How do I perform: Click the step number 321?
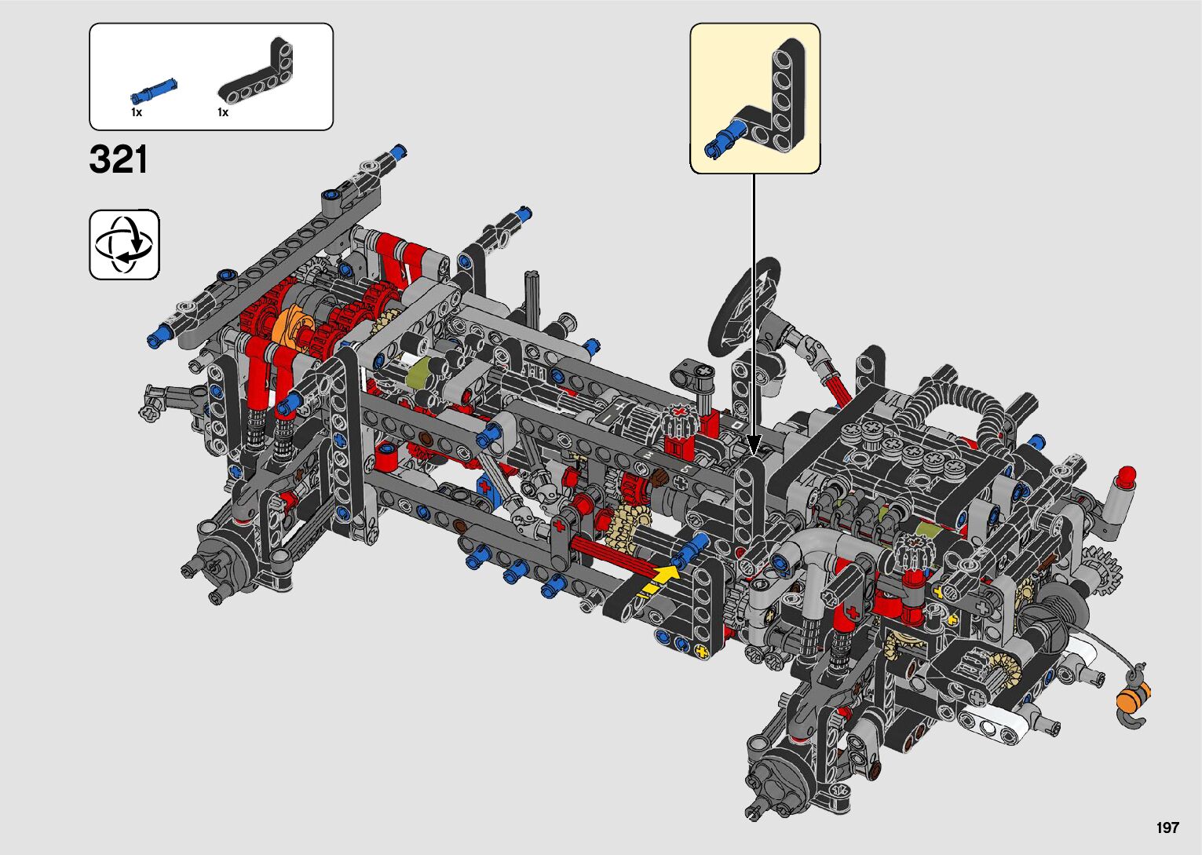point(118,159)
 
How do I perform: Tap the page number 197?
point(1167,827)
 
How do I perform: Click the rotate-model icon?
point(125,244)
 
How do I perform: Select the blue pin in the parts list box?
point(154,91)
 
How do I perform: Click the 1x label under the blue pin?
point(137,112)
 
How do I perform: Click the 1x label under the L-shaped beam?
point(223,112)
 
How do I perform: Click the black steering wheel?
point(743,306)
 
